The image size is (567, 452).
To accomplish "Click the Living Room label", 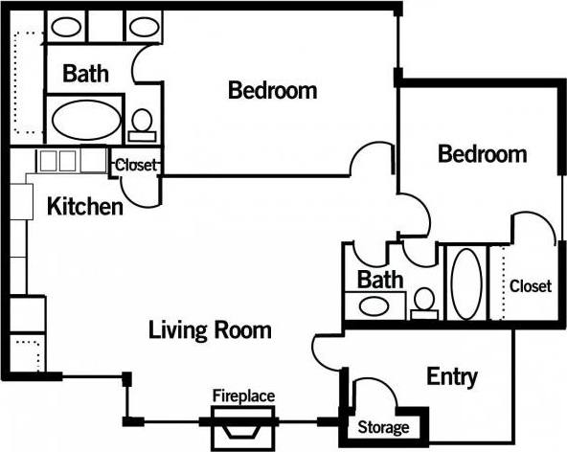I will [x=210, y=330].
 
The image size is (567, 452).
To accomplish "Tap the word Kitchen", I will [x=84, y=206].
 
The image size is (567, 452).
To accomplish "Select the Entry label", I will [x=452, y=376].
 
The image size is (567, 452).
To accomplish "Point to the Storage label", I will [x=383, y=428].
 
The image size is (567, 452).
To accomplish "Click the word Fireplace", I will [x=243, y=395].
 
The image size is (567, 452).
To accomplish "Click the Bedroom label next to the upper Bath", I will [x=273, y=91].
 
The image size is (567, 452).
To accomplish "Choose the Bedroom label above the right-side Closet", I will [x=482, y=153].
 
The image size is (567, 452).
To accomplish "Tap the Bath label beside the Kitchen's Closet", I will [x=85, y=73].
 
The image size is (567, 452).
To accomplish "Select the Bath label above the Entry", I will [x=380, y=281].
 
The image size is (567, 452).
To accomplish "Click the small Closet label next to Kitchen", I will [x=135, y=166].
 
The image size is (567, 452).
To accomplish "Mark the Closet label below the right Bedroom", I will [x=530, y=285].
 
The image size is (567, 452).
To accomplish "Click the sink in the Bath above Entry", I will [x=374, y=306].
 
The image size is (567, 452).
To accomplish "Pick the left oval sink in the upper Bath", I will [x=63, y=27].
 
